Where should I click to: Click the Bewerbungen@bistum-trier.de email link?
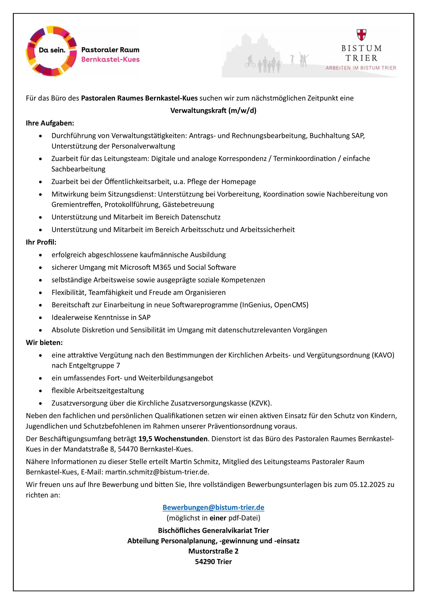click(213, 508)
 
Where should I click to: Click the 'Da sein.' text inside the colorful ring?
click(52, 50)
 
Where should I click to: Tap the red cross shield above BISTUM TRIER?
click(362, 35)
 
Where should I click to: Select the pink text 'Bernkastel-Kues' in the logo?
click(110, 60)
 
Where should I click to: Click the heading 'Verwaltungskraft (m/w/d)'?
click(213, 111)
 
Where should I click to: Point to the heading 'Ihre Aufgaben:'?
click(50, 123)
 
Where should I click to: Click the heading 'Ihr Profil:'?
click(41, 242)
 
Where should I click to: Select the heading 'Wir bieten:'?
click(44, 342)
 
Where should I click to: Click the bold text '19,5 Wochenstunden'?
click(173, 439)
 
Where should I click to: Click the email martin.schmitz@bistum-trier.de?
click(157, 472)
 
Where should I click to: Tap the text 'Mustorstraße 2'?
click(213, 551)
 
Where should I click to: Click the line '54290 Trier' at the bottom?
click(213, 562)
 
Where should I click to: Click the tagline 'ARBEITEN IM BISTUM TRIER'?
click(361, 68)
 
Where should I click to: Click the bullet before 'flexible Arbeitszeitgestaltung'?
click(40, 391)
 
